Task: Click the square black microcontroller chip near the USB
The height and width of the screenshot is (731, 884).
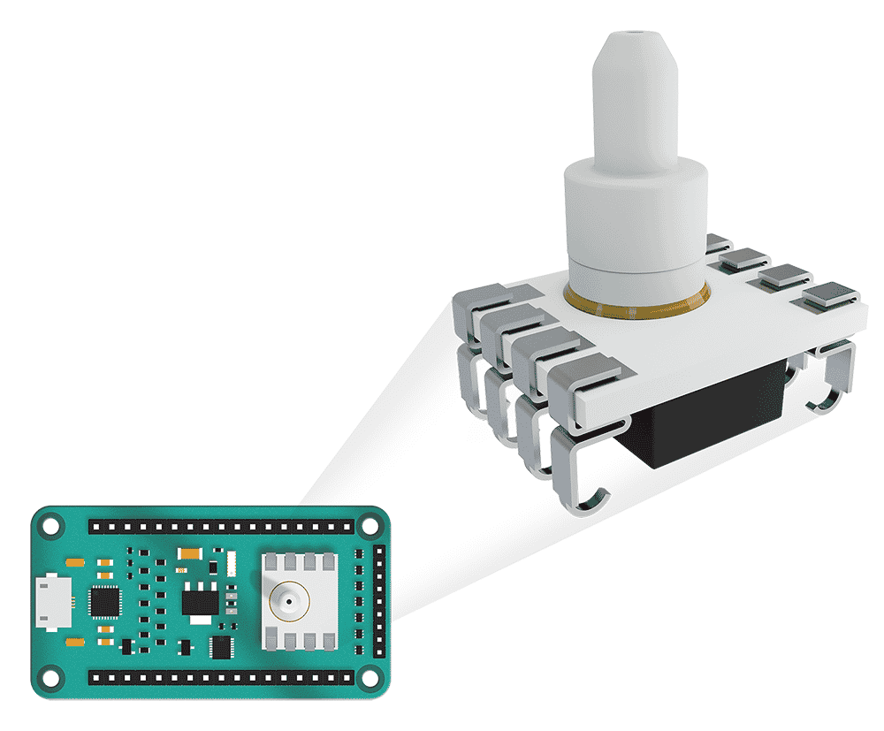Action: pos(106,603)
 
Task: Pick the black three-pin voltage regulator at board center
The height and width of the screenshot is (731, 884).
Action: pos(199,602)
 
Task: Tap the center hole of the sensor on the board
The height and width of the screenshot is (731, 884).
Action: pos(289,601)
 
